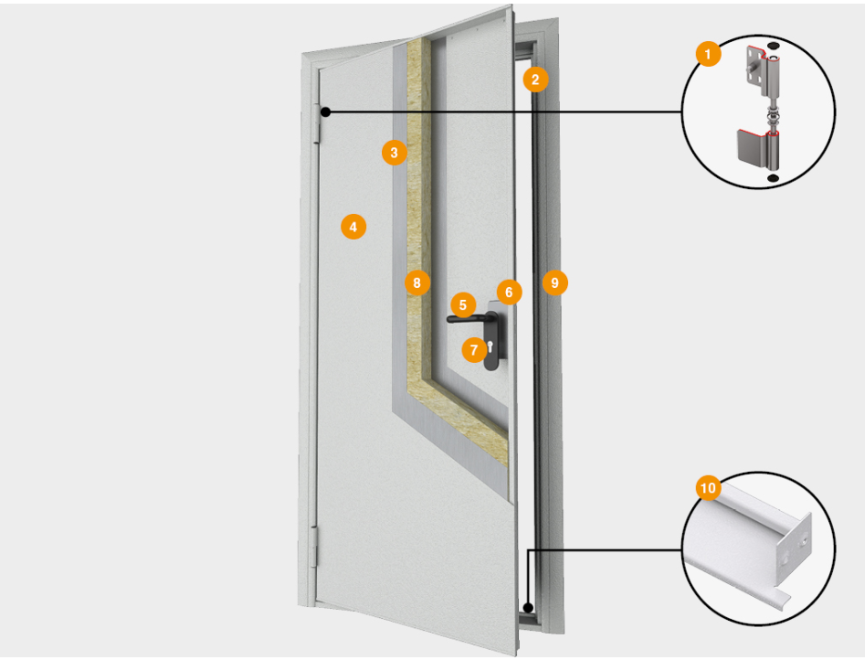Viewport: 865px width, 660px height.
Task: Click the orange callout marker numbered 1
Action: [x=707, y=55]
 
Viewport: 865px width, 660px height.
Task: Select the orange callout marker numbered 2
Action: [x=536, y=80]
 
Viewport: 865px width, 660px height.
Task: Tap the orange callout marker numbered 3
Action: [x=394, y=153]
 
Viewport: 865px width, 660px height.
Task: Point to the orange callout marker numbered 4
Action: [x=353, y=225]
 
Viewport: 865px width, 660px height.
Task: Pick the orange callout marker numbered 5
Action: [x=463, y=304]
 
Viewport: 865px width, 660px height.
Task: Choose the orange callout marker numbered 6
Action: [x=509, y=293]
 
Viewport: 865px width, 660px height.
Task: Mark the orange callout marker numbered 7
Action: [x=473, y=348]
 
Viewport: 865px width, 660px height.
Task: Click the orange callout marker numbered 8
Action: [x=417, y=283]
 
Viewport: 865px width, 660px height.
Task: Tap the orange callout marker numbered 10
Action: [x=707, y=488]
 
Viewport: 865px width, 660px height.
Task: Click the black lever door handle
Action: [x=469, y=319]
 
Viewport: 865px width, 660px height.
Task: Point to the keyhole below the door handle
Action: [x=491, y=346]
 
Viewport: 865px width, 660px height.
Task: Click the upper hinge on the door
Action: [x=319, y=123]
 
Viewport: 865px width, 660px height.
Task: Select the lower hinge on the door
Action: [x=316, y=547]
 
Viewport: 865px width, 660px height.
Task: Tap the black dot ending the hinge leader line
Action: [x=325, y=112]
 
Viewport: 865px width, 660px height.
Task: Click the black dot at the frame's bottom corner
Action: [x=528, y=607]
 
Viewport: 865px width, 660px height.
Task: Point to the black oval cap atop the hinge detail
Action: [x=773, y=44]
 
